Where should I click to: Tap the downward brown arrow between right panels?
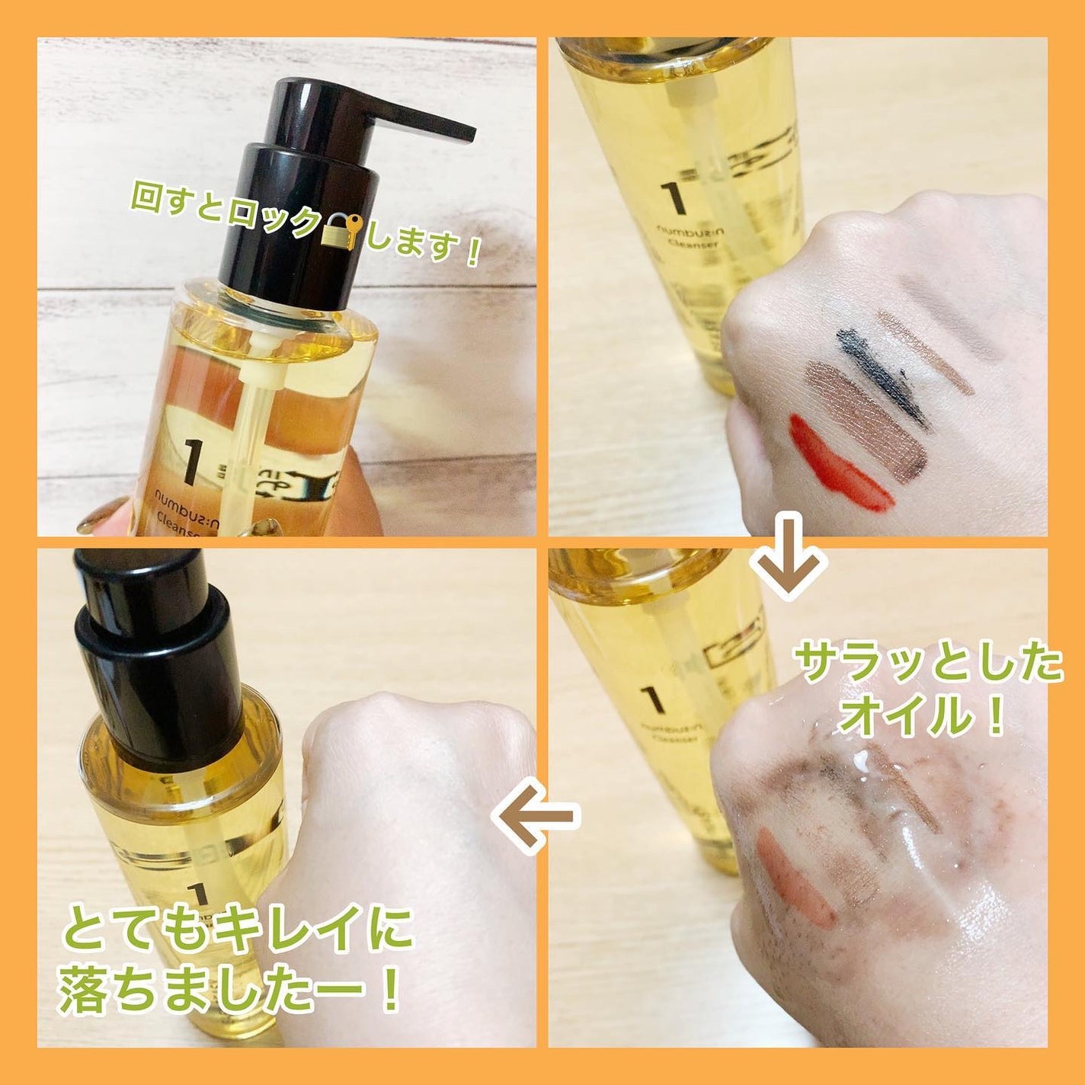pos(789,555)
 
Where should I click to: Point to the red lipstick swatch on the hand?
pos(838,463)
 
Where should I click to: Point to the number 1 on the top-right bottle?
pos(674,200)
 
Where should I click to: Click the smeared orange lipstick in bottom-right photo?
pos(792,876)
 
